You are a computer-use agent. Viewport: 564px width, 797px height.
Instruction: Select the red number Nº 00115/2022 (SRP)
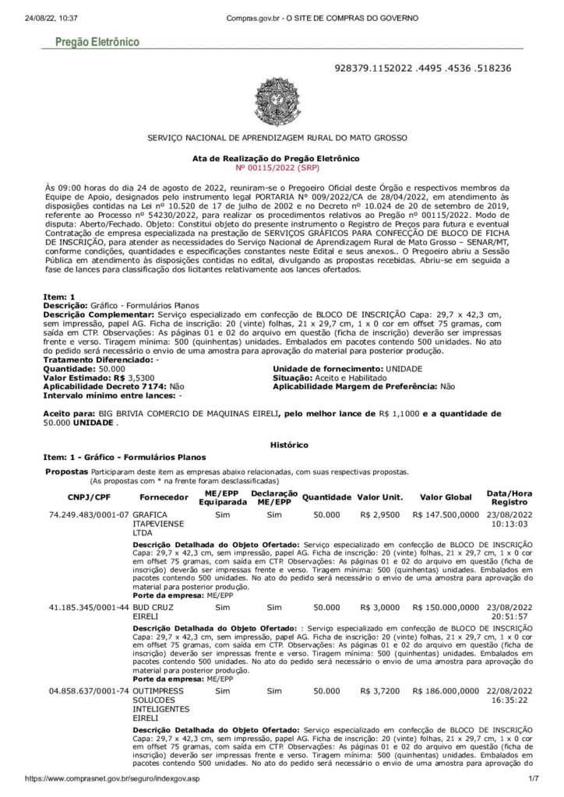pos(282,167)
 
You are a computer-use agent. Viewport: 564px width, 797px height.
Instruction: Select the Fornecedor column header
pos(162,497)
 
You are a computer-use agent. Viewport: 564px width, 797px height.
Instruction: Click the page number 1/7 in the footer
pos(534,779)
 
